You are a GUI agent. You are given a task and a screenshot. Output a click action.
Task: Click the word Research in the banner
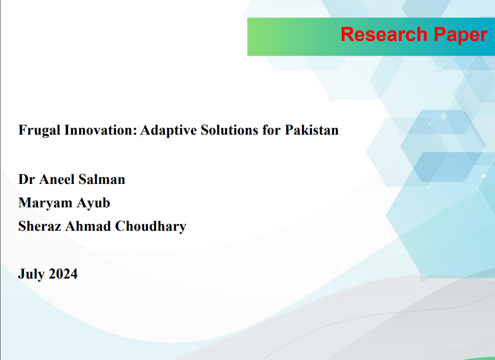pyautogui.click(x=384, y=34)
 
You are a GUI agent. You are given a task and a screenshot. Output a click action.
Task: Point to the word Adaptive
pyautogui.click(x=168, y=131)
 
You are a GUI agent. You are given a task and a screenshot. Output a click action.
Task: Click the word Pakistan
pyautogui.click(x=312, y=130)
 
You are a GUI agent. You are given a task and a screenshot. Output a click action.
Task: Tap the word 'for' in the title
pyautogui.click(x=272, y=130)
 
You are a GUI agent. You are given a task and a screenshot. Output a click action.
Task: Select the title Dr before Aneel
pyautogui.click(x=26, y=180)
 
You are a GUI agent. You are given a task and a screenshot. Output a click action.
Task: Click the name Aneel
pyautogui.click(x=57, y=180)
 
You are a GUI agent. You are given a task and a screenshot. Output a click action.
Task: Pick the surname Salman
pyautogui.click(x=102, y=180)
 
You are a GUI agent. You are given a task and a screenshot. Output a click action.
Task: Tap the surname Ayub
pyautogui.click(x=94, y=203)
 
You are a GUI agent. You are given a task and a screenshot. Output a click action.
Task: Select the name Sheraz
pyautogui.click(x=40, y=226)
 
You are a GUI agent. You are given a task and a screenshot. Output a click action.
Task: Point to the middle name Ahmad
pyautogui.click(x=88, y=226)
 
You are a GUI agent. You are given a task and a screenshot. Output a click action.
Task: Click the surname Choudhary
pyautogui.click(x=151, y=227)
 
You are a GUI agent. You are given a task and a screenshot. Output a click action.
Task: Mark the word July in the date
pyautogui.click(x=31, y=274)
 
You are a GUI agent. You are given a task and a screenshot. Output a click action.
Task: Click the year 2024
pyautogui.click(x=63, y=274)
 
